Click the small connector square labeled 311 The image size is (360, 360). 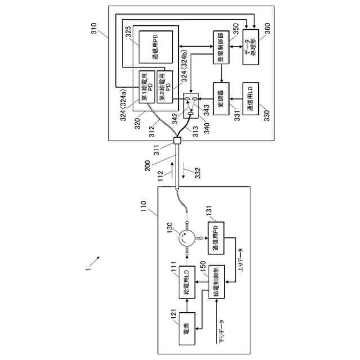178,141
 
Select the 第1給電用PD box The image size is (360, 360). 145,85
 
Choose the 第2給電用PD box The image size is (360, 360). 163,85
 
